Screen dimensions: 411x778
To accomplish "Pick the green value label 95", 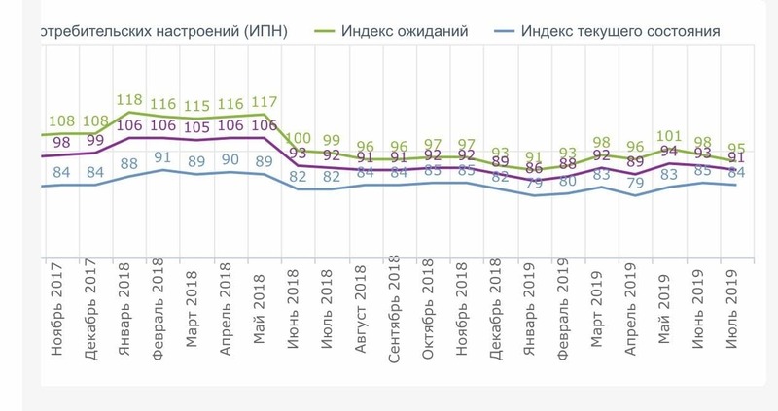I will point(736,148).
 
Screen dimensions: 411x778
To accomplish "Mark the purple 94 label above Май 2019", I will point(669,151).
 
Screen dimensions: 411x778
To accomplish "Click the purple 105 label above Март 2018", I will point(196,127).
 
